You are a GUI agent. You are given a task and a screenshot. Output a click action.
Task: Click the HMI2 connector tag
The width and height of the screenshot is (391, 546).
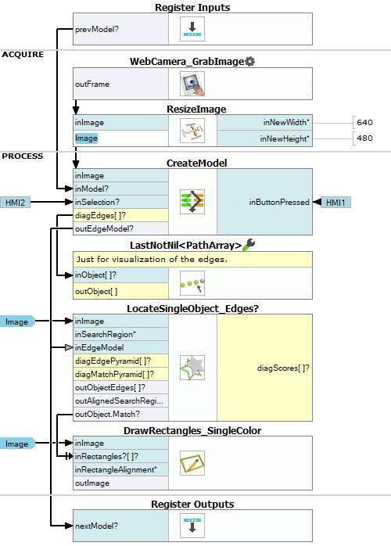point(15,203)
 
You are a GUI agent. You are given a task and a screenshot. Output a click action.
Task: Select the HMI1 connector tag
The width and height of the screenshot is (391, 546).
point(335,203)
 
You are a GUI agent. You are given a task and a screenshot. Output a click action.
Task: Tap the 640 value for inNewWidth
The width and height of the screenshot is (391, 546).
point(364,122)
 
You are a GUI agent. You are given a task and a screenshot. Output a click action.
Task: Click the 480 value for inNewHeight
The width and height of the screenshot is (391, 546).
point(364,138)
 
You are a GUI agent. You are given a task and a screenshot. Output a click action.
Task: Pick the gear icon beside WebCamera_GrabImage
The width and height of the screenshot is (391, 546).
point(250,62)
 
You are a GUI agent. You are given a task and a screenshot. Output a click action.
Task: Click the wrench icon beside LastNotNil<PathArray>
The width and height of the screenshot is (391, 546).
point(249,244)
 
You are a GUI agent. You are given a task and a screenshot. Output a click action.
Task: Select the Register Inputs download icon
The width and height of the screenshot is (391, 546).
point(192,29)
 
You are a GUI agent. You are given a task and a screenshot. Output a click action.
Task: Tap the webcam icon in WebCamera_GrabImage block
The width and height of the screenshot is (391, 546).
point(192,84)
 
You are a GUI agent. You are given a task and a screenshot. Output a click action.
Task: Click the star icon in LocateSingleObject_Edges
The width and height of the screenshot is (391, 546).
point(192,368)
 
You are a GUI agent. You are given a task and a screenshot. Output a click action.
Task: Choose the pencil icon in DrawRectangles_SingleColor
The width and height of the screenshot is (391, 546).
point(192,463)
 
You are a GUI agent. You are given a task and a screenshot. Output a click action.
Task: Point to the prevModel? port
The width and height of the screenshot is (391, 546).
point(97,29)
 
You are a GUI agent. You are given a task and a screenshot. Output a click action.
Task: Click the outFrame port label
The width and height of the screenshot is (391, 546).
point(92,84)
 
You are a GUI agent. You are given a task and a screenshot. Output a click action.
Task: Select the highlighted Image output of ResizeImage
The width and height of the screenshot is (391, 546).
point(86,138)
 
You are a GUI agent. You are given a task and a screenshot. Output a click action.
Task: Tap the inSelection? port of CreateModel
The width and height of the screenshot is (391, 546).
point(97,202)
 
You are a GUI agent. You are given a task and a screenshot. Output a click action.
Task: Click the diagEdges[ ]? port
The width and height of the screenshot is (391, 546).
point(100,215)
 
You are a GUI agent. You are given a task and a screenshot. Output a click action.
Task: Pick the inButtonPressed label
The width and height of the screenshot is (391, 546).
point(279,203)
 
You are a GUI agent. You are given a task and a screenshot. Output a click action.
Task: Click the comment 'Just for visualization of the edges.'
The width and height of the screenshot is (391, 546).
point(152,260)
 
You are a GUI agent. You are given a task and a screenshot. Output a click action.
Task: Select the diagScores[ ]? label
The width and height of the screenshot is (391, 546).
point(283,368)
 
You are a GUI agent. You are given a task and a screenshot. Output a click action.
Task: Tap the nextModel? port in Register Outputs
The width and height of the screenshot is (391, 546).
point(96,526)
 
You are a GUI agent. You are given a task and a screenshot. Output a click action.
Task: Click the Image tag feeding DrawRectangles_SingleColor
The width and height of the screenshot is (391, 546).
point(17,444)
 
